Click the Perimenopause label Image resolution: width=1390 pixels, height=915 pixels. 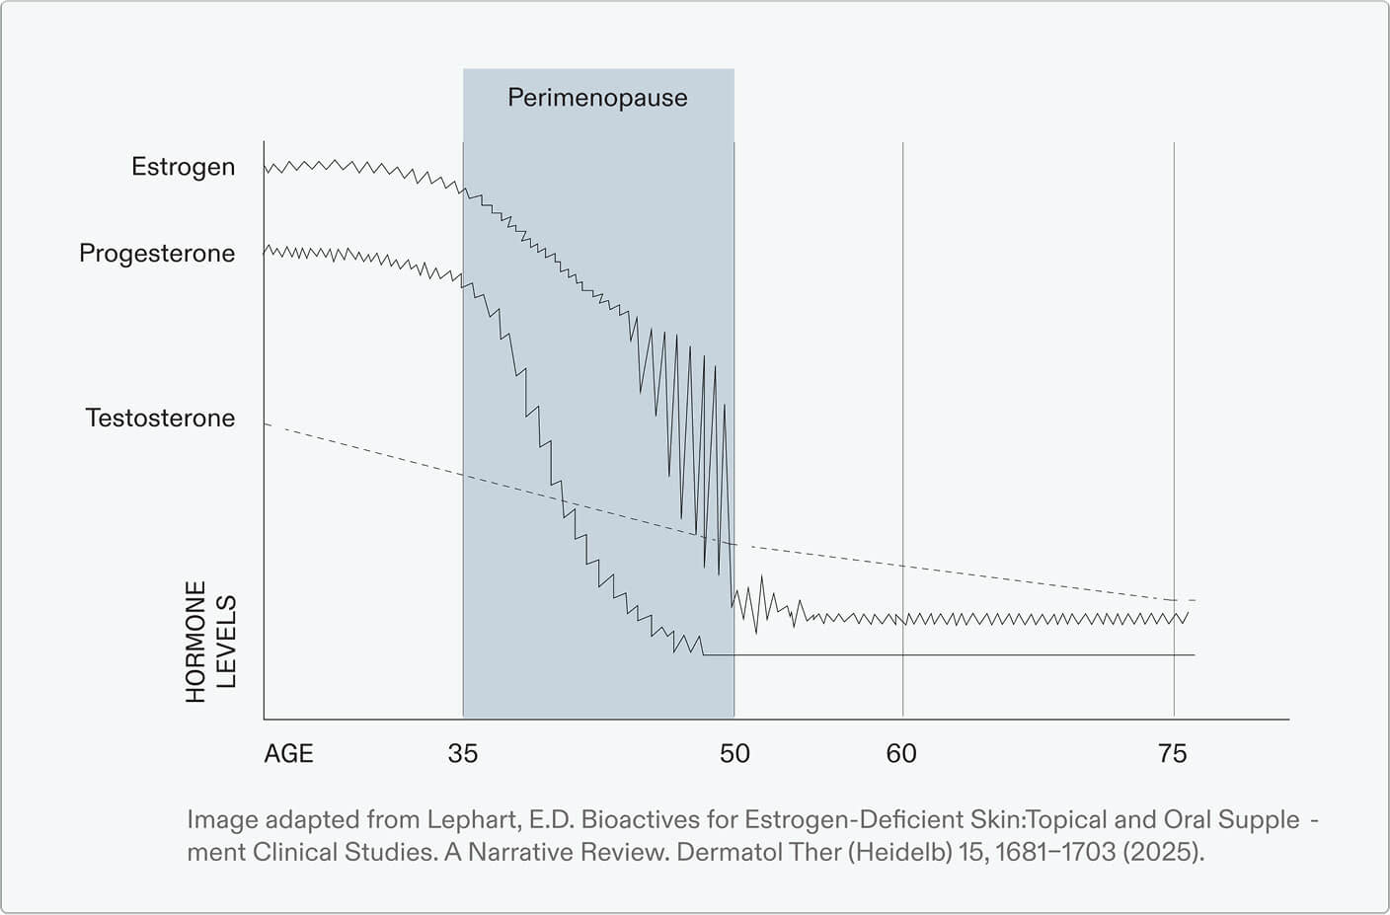pyautogui.click(x=597, y=98)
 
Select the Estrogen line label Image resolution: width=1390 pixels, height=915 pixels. pyautogui.click(x=184, y=167)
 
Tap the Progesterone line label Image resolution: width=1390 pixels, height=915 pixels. pyautogui.click(x=157, y=254)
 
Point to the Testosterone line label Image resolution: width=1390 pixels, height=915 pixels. pyautogui.click(x=160, y=419)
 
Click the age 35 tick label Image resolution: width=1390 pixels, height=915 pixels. pyautogui.click(x=462, y=754)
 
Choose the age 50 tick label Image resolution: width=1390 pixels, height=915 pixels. pyautogui.click(x=734, y=754)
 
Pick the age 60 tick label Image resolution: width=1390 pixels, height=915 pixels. pyautogui.click(x=901, y=754)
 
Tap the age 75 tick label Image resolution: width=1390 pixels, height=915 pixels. pyautogui.click(x=1172, y=754)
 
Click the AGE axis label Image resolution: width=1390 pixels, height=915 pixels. pyautogui.click(x=288, y=754)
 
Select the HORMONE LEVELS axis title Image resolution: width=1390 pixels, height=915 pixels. pyautogui.click(x=210, y=641)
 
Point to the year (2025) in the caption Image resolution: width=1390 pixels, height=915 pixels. pyautogui.click(x=1163, y=852)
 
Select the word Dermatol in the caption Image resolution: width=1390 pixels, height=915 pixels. pyautogui.click(x=719, y=852)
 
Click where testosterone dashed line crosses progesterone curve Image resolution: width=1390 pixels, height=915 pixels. pyautogui.click(x=565, y=506)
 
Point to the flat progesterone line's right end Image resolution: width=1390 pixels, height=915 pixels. pyautogui.click(x=1194, y=654)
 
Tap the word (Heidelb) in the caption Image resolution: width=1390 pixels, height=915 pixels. pyautogui.click(x=899, y=852)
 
